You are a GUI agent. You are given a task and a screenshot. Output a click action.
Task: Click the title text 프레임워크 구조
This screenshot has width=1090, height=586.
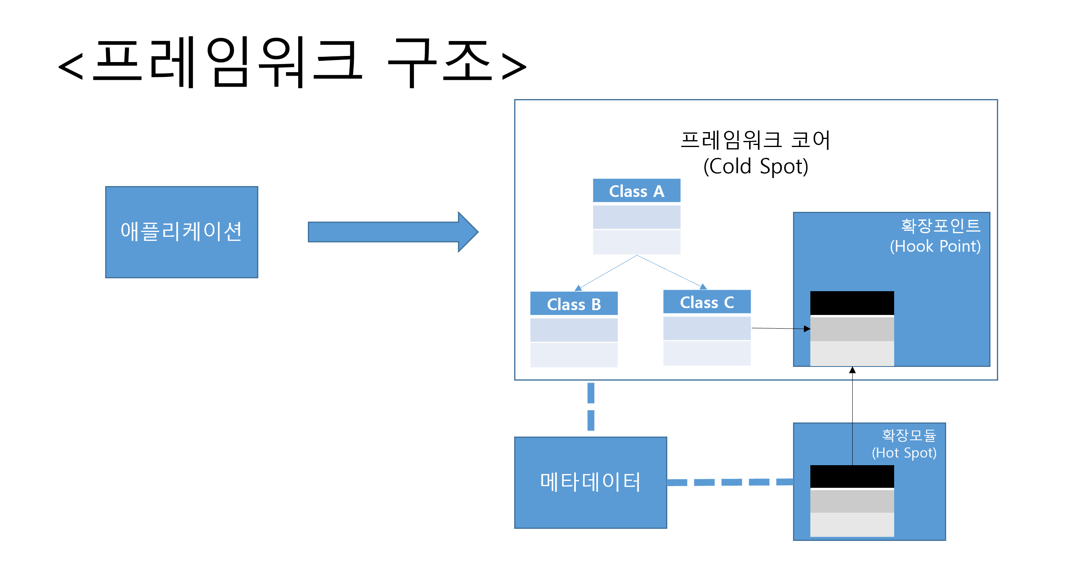coord(293,62)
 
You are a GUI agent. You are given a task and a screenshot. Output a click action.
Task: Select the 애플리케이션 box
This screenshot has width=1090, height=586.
coord(181,232)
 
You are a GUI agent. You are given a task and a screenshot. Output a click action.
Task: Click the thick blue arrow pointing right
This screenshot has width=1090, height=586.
coord(393,232)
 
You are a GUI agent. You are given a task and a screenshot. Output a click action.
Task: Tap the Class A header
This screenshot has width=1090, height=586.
coord(636,191)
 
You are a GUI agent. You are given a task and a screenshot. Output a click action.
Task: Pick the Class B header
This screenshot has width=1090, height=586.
coord(574,304)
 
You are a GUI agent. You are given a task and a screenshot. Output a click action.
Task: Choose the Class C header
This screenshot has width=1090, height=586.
coord(707,302)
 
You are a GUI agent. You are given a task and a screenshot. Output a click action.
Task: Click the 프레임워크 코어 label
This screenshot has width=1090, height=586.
coord(756,140)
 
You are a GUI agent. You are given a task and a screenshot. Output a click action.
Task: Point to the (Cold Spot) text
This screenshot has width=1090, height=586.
coord(756,166)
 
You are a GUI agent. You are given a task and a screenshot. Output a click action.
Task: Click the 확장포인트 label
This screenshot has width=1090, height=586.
coord(940,226)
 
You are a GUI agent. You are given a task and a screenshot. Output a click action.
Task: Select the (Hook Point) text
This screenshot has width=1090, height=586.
coord(935,246)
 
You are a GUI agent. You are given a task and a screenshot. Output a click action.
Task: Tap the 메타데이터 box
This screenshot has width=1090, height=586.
coord(590,482)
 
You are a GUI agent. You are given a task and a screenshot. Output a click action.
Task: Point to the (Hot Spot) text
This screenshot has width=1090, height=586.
coord(904,453)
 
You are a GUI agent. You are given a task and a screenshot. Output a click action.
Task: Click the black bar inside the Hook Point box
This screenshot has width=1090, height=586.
coord(852,303)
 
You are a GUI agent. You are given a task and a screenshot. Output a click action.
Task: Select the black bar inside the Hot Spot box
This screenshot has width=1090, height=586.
coord(852,476)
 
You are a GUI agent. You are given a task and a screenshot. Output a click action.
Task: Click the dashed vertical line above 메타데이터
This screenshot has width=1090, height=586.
coord(591,407)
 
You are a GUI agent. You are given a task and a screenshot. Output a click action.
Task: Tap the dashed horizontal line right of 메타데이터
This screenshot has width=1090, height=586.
coord(730,482)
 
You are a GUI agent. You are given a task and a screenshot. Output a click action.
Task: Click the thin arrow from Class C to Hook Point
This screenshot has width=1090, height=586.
coord(781,328)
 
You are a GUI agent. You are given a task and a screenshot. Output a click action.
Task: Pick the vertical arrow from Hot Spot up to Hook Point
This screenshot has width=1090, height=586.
coord(852,416)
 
